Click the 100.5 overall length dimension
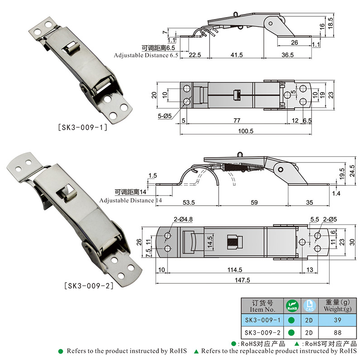(x=246, y=131)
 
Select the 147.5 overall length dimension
(x=243, y=280)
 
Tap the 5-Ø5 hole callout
(x=165, y=116)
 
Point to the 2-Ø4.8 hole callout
(x=183, y=219)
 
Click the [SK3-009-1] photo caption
(x=83, y=127)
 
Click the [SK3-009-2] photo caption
(x=89, y=286)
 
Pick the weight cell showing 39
(x=337, y=320)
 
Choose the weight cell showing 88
(x=337, y=332)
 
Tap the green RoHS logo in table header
(x=292, y=306)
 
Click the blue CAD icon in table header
(x=310, y=306)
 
